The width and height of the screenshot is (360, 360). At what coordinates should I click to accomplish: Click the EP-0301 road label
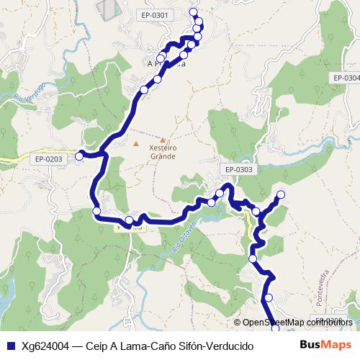click(x=156, y=15)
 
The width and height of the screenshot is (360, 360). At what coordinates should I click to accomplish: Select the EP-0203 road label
click(x=49, y=158)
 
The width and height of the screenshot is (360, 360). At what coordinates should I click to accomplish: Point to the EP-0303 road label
click(x=239, y=170)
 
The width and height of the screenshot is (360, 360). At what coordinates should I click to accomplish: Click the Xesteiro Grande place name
click(x=161, y=151)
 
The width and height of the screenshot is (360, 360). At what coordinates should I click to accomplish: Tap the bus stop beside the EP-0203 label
click(x=80, y=153)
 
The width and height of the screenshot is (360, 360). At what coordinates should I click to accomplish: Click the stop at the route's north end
click(x=193, y=12)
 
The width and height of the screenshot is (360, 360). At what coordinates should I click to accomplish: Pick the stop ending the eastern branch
click(x=281, y=195)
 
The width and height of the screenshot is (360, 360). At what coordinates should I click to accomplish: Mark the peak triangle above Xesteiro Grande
click(x=163, y=140)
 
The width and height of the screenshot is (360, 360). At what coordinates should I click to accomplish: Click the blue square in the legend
click(x=10, y=346)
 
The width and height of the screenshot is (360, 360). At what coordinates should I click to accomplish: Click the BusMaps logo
click(x=325, y=345)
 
